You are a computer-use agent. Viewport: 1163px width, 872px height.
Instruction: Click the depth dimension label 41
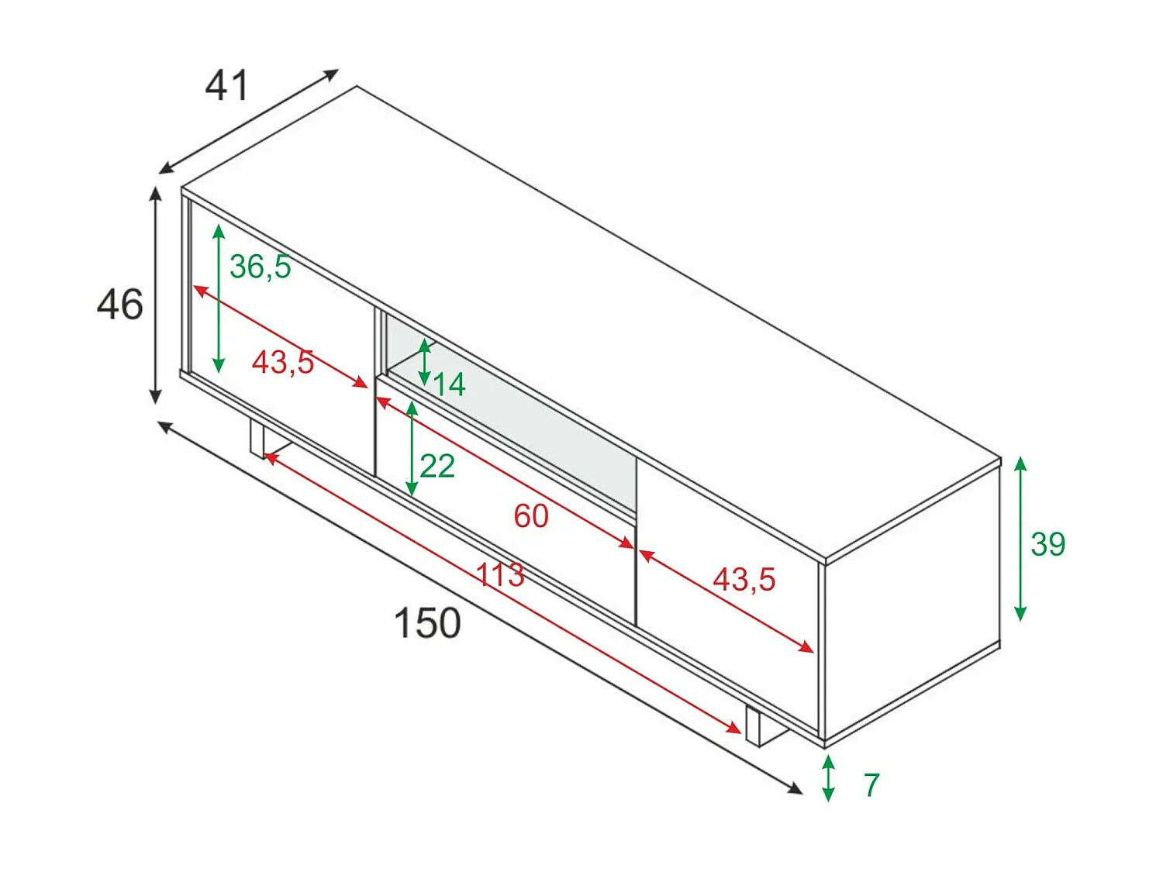[x=226, y=85]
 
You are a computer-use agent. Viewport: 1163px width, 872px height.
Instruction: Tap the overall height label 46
[x=119, y=304]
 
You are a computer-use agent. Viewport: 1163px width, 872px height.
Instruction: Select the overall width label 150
[x=427, y=623]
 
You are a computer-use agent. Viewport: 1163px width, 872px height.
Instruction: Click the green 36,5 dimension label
[x=260, y=267]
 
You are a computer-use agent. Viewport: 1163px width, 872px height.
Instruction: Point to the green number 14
[x=449, y=384]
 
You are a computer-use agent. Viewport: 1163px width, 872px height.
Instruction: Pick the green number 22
[x=437, y=466]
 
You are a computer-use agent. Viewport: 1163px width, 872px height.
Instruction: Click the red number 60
[x=531, y=516]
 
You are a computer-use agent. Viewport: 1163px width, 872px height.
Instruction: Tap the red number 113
[x=500, y=575]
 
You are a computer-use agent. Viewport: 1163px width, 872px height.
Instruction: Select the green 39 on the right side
[x=1047, y=544]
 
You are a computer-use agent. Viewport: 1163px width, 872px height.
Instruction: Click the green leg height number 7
[x=871, y=785]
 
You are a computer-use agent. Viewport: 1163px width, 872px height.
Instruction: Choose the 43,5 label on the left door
[x=283, y=362]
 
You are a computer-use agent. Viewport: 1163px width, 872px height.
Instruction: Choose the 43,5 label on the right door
[x=744, y=580]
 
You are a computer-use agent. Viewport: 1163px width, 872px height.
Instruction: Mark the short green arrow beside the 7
[x=829, y=778]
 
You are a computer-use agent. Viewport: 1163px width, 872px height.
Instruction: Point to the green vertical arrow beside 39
[x=1020, y=539]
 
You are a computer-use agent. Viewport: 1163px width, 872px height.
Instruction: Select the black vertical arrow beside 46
[x=156, y=295]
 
